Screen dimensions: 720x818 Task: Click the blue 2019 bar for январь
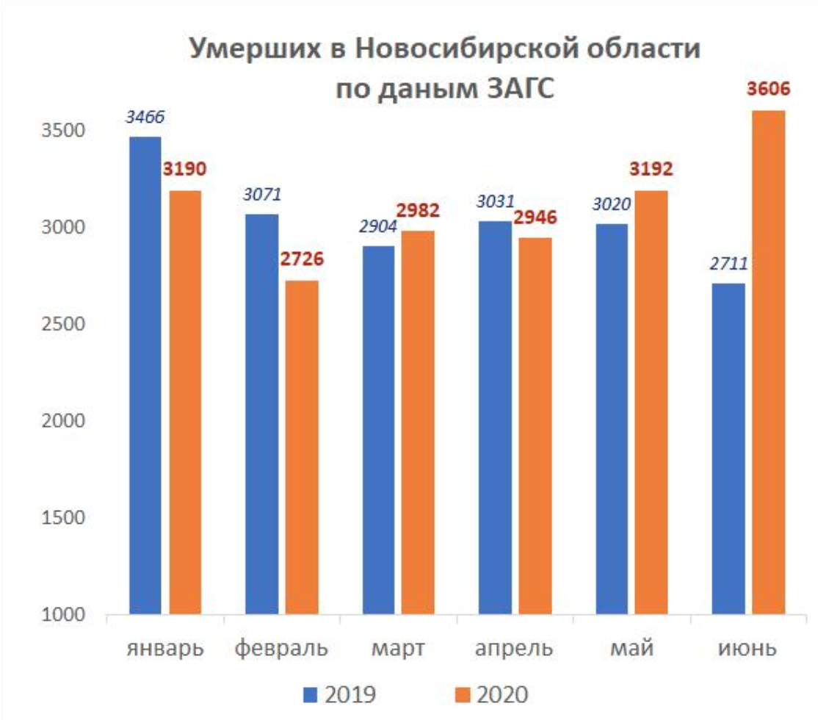pyautogui.click(x=145, y=375)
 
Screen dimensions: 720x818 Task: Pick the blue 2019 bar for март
pyautogui.click(x=378, y=430)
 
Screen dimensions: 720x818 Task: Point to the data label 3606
pyautogui.click(x=768, y=90)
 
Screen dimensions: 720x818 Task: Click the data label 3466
pyautogui.click(x=145, y=118)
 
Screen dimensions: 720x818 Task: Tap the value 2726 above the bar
pyautogui.click(x=301, y=259)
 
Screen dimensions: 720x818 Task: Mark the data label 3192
pyautogui.click(x=651, y=169)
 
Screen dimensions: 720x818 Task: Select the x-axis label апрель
pyautogui.click(x=513, y=649)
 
